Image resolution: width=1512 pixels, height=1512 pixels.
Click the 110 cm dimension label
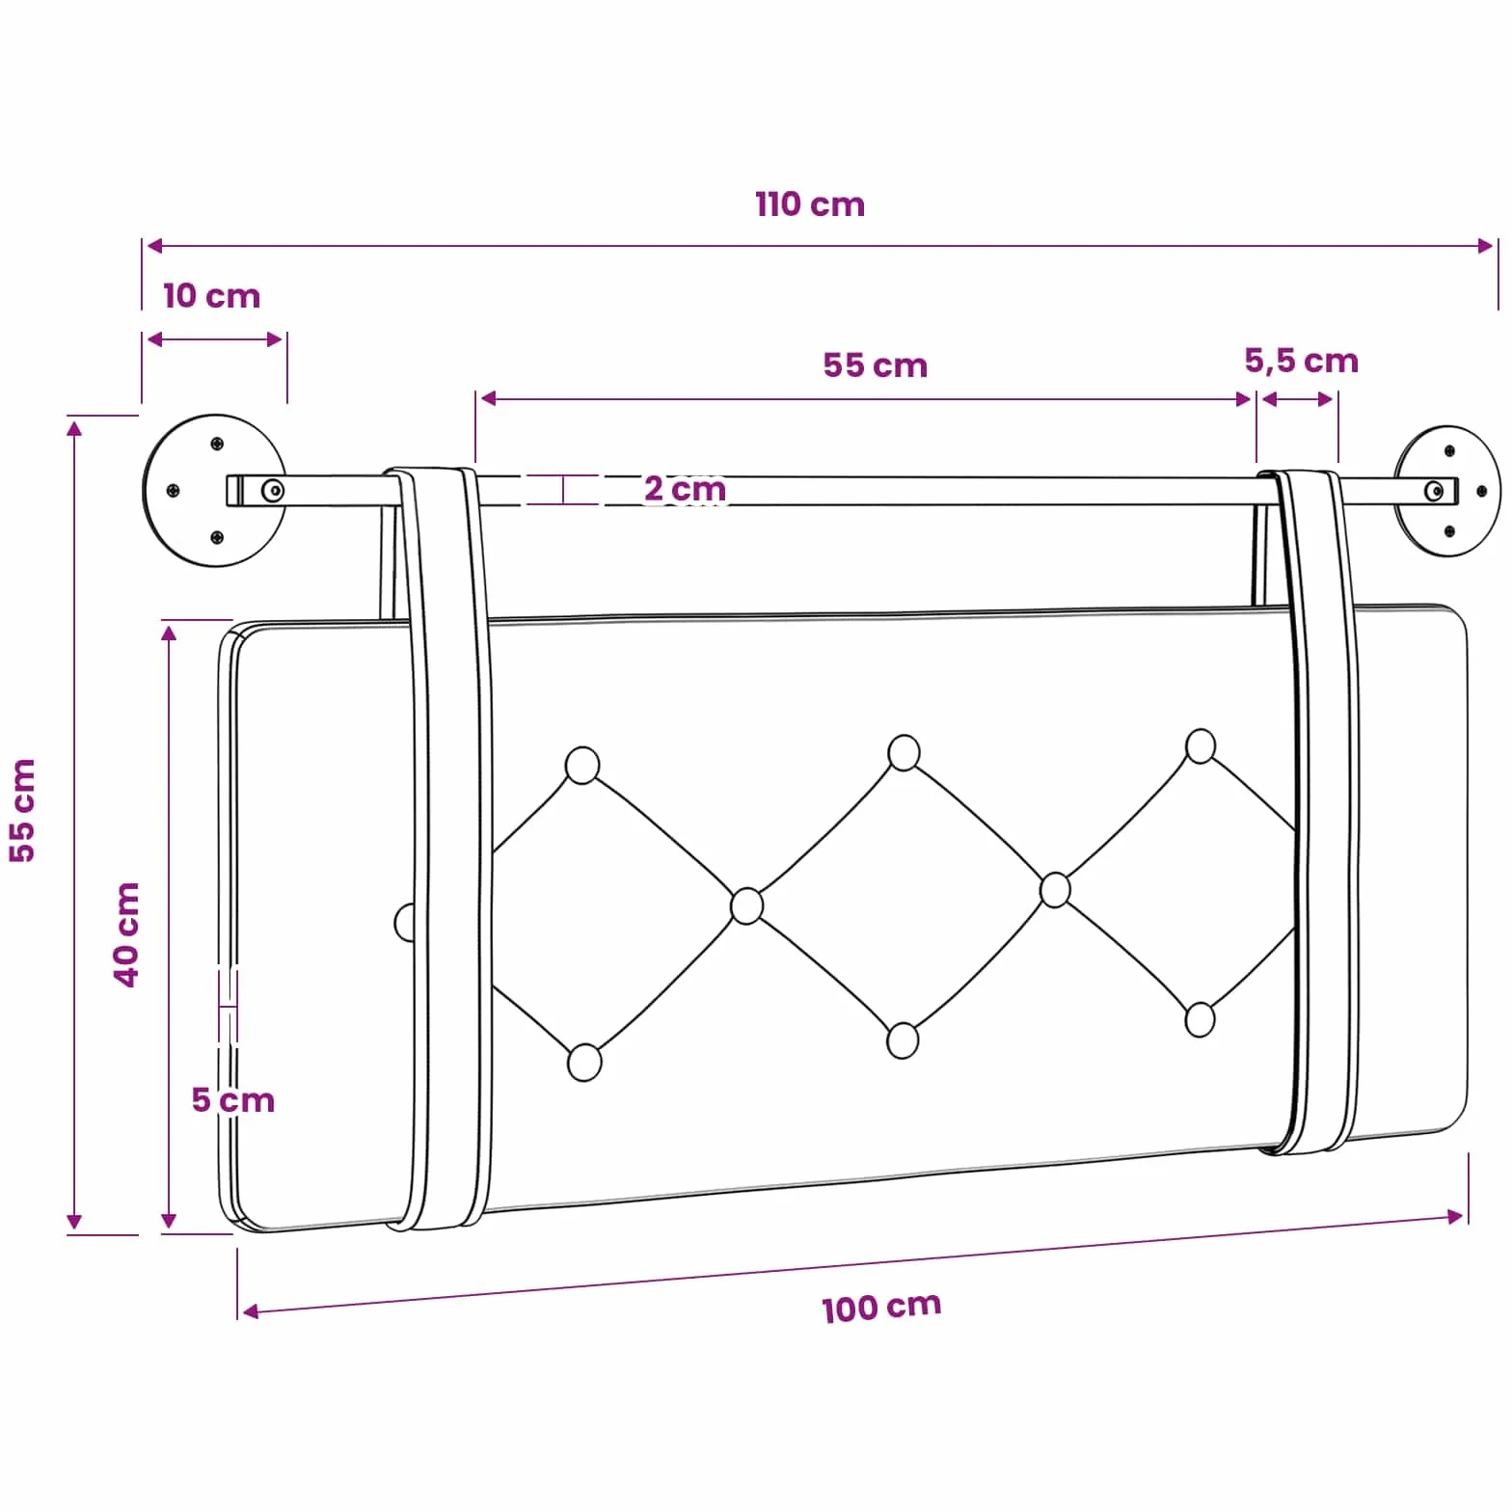click(809, 204)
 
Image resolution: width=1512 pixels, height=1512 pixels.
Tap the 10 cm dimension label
click(211, 296)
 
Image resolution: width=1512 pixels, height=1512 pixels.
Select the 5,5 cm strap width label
click(1301, 361)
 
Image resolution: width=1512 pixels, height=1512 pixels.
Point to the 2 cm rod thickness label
click(685, 489)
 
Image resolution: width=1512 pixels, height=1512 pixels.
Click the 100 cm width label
click(881, 1307)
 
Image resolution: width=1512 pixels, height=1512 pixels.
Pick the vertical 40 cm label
click(127, 933)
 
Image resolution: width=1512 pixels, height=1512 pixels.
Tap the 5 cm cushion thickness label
click(232, 1099)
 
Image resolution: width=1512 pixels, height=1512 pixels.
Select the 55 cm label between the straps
click(875, 365)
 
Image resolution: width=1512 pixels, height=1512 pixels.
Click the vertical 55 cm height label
click(21, 810)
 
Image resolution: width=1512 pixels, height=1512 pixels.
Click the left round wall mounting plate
click(214, 491)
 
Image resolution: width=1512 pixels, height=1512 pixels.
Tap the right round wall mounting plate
click(1446, 491)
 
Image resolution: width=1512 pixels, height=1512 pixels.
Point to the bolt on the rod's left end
click(273, 491)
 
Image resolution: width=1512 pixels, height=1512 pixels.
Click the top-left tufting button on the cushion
click(582, 765)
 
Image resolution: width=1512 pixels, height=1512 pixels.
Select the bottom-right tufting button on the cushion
click(1200, 1019)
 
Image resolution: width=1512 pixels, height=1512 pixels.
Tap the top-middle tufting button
click(904, 752)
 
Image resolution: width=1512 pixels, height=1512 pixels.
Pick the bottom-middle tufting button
click(903, 1040)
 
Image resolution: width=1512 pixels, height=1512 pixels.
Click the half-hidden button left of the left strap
click(404, 923)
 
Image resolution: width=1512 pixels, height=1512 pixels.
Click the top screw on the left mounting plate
click(217, 444)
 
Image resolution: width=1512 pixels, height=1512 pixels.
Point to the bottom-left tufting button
click(584, 1062)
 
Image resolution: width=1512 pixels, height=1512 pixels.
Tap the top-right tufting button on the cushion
click(1201, 746)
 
